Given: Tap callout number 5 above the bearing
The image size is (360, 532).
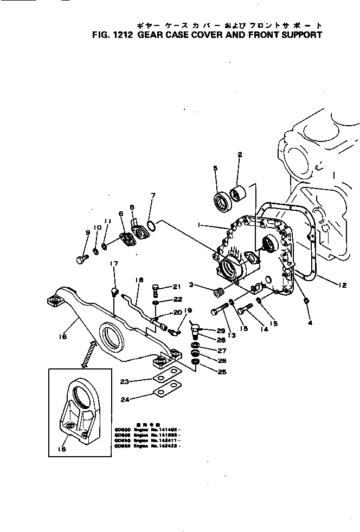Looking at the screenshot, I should [x=215, y=168].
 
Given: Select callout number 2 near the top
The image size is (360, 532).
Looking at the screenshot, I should [x=239, y=155].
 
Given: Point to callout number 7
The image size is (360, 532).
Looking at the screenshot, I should [x=153, y=196].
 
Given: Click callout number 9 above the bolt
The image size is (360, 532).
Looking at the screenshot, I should [x=87, y=233].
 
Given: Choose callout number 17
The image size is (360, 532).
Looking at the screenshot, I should [x=114, y=264].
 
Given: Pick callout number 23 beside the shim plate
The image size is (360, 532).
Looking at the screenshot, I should [x=124, y=381].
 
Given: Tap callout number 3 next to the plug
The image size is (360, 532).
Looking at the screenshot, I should [x=192, y=285].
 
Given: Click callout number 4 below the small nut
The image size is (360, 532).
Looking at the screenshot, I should [x=310, y=323].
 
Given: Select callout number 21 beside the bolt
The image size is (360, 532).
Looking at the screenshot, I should [x=176, y=287].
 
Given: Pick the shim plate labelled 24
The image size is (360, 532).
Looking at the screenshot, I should [x=165, y=391].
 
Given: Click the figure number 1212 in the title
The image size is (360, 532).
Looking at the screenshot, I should [x=126, y=35].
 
